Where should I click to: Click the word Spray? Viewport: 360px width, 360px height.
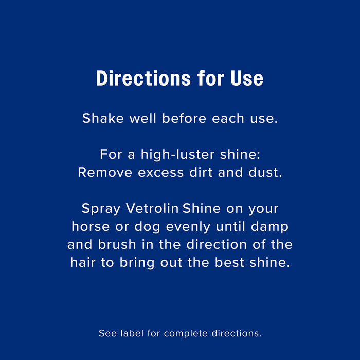100,209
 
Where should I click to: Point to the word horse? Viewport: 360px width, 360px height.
89,227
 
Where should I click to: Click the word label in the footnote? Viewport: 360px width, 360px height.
132,333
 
